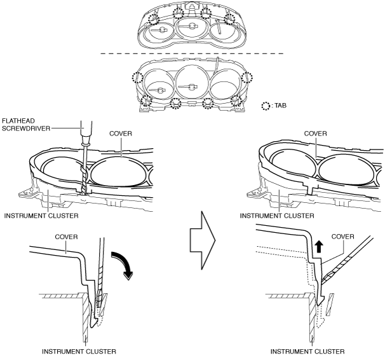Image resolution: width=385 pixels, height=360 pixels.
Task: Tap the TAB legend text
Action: (280, 106)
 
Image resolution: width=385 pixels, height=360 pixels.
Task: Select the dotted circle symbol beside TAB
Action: (266, 106)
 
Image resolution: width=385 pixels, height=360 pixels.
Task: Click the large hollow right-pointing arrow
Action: (203, 240)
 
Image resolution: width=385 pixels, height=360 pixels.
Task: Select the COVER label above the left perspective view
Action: (121, 134)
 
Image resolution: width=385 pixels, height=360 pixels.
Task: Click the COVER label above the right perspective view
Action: (315, 134)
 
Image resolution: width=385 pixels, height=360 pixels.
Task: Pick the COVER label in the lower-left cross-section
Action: (66, 237)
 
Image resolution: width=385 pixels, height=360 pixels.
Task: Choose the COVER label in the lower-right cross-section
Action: (343, 237)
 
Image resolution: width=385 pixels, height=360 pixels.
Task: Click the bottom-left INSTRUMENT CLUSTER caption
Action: (79, 351)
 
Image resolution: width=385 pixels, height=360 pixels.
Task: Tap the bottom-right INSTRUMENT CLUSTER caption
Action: (307, 351)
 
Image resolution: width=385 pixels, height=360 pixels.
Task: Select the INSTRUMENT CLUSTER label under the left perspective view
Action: (41, 216)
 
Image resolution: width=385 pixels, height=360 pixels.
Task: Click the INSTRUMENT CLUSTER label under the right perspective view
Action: (277, 216)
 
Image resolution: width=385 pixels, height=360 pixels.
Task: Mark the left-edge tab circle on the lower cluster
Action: (137, 78)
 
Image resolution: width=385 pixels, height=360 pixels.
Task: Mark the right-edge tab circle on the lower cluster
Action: (247, 78)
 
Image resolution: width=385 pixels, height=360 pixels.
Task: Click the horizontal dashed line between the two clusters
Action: (192, 53)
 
